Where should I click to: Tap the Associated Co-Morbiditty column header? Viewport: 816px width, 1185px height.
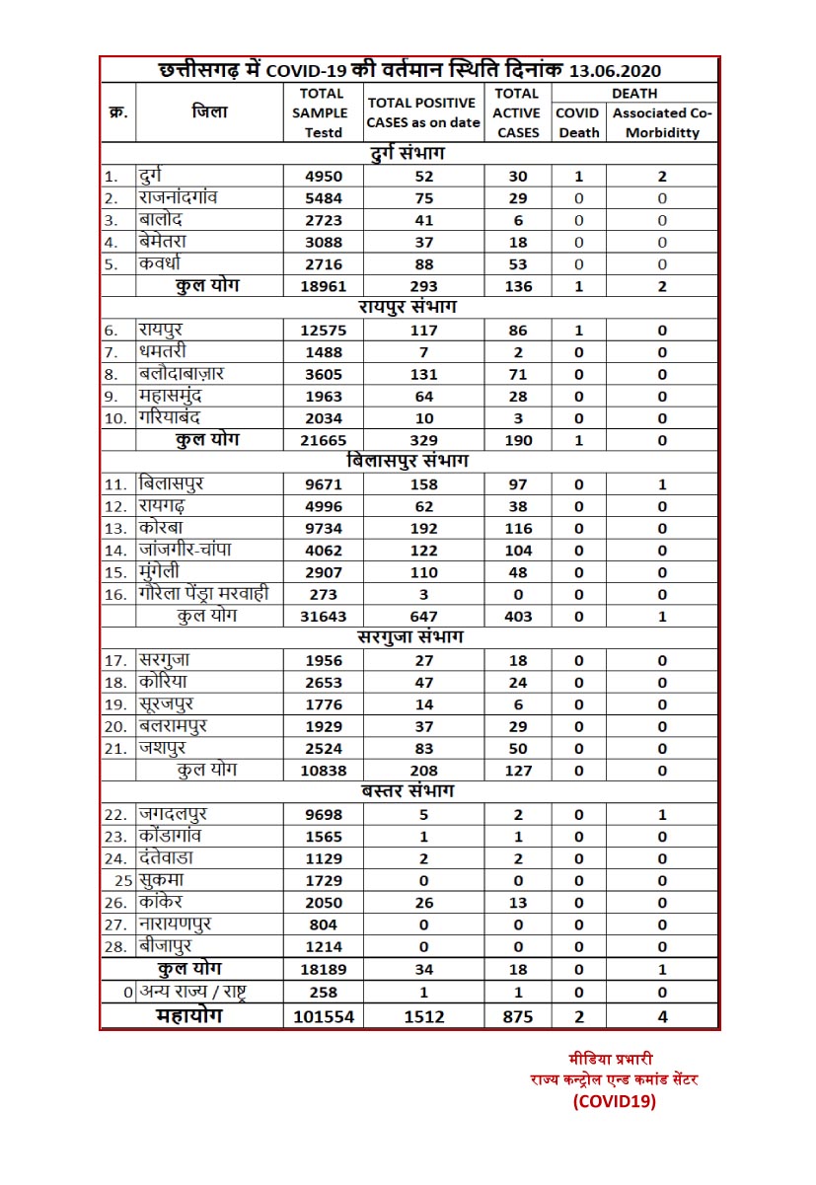pyautogui.click(x=662, y=122)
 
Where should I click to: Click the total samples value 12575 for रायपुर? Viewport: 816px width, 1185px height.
pyautogui.click(x=321, y=331)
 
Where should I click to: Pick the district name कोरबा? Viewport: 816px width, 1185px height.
pyautogui.click(x=161, y=528)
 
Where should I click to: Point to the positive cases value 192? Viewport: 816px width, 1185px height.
pyautogui.click(x=423, y=529)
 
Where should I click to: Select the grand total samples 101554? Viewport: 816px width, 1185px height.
pyautogui.click(x=321, y=1016)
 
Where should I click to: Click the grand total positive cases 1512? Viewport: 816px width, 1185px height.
pyautogui.click(x=423, y=1016)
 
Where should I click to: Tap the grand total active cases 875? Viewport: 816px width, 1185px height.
pyautogui.click(x=518, y=1016)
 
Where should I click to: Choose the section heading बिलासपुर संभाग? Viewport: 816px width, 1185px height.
pyautogui.click(x=408, y=461)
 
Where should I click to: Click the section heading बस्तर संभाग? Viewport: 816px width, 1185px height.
pyautogui.click(x=408, y=791)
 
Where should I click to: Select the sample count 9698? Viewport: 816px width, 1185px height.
pyautogui.click(x=321, y=815)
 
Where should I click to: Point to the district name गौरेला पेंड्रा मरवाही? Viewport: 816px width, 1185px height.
pyautogui.click(x=204, y=594)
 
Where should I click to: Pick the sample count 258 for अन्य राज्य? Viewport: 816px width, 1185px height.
pyautogui.click(x=323, y=993)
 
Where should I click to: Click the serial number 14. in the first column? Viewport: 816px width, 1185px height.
pyautogui.click(x=116, y=551)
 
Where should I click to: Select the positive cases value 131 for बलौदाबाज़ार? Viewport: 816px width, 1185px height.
pyautogui.click(x=423, y=375)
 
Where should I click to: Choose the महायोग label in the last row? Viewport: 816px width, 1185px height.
pyautogui.click(x=189, y=1016)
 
